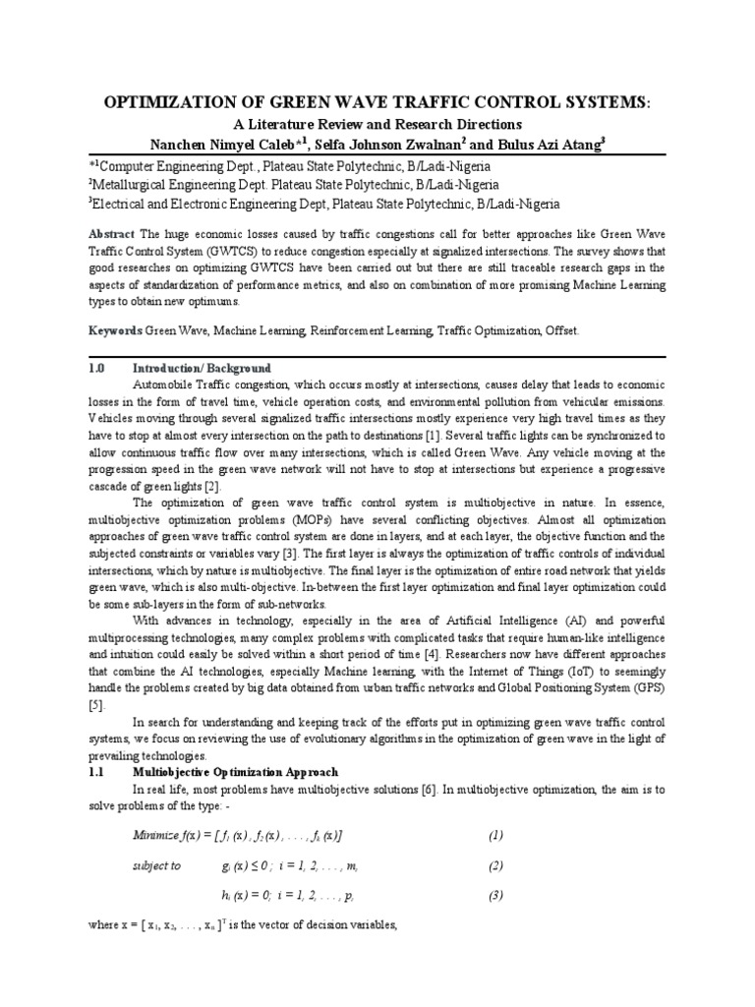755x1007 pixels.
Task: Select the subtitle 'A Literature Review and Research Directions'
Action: click(x=377, y=125)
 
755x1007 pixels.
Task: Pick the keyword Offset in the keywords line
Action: click(x=561, y=331)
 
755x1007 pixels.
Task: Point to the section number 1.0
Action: click(x=97, y=367)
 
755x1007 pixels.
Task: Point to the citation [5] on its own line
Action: click(x=96, y=705)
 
